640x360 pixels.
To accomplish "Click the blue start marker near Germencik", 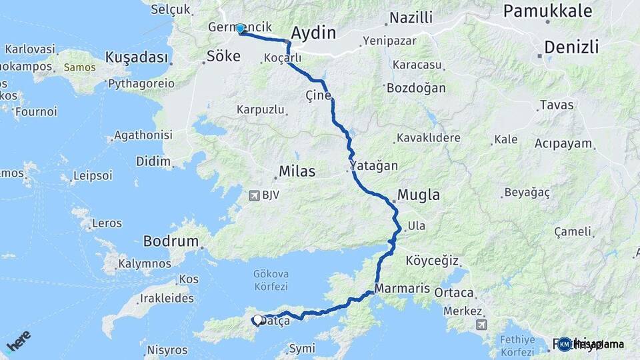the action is (x=240, y=29).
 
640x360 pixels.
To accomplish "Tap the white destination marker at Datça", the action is (x=257, y=320).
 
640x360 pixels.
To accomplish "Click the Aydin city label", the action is (x=313, y=33).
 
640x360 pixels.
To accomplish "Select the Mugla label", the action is (x=419, y=195).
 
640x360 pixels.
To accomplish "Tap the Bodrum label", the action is (x=171, y=241).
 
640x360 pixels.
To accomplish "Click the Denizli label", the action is (x=571, y=47).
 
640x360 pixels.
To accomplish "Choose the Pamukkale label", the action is (x=547, y=11).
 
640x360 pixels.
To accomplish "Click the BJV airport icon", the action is (x=254, y=196).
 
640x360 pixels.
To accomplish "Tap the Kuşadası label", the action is (x=136, y=58).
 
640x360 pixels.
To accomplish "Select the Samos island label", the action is (x=79, y=67).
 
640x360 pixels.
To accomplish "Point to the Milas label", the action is (x=297, y=172).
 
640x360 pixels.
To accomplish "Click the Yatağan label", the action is (x=373, y=165).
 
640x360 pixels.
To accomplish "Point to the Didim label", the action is (x=153, y=162).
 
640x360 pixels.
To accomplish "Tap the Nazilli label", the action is (x=411, y=18).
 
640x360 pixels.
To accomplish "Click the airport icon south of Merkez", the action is (x=481, y=325).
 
